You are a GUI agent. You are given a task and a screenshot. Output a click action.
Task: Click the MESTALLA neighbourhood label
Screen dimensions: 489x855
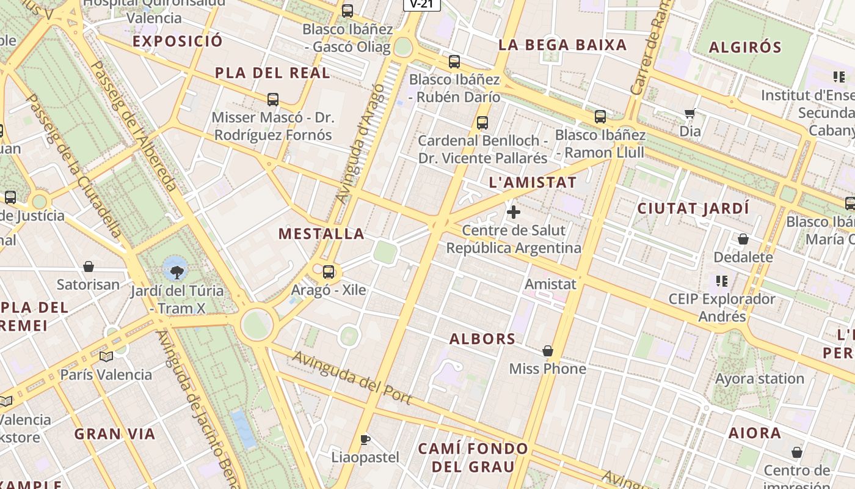321,233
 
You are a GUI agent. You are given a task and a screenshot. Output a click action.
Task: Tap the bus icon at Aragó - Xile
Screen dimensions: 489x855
329,271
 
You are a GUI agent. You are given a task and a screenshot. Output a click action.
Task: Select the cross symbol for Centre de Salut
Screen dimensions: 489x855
514,212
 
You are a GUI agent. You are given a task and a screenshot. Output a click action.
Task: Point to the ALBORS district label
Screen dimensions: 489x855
482,339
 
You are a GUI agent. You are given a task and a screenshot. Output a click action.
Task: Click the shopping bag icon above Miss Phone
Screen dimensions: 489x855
548,351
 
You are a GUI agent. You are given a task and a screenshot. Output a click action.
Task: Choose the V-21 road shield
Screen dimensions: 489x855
421,4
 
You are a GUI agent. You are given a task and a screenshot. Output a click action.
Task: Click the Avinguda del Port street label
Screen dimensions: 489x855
351,377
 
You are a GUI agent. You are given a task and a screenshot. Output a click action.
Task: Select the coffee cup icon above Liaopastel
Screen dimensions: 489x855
365,439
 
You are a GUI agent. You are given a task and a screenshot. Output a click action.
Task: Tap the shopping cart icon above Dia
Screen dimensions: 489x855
690,113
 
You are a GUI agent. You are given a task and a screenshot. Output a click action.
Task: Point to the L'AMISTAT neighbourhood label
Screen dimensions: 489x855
533,182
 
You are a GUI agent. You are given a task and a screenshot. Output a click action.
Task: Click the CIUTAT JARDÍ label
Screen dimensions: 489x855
693,208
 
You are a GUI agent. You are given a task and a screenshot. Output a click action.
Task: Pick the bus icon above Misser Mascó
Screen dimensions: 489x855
273,99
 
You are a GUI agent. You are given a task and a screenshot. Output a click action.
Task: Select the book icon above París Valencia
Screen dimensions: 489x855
106,356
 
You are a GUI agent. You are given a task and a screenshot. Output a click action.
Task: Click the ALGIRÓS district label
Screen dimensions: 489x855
745,47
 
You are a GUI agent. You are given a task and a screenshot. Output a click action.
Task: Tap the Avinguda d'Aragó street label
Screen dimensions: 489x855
360,144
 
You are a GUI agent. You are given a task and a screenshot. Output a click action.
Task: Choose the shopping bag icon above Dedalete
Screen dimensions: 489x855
743,239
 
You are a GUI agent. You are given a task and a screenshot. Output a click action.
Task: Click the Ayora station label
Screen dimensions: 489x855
759,379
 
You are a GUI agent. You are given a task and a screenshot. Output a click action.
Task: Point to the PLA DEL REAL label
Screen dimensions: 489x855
272,73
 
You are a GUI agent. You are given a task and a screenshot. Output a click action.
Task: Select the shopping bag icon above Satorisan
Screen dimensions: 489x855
89,267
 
